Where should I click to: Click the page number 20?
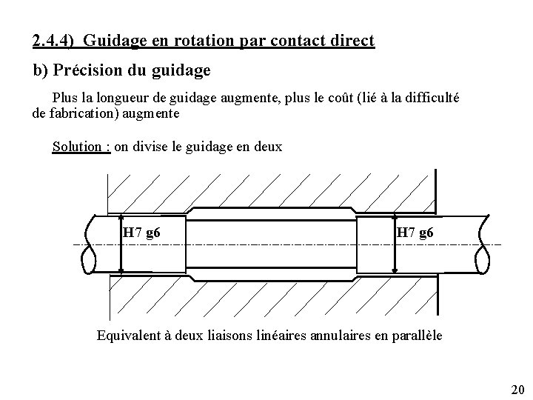517,390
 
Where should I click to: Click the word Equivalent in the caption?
129,335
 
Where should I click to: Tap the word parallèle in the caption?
417,335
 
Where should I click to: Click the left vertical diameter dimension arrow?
121,244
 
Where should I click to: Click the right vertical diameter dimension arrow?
396,244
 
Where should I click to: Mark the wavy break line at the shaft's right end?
483,244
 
